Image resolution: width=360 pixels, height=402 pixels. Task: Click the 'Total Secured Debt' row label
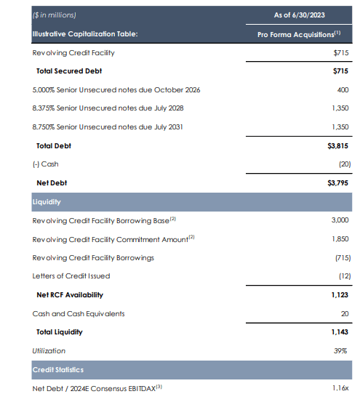[69, 71]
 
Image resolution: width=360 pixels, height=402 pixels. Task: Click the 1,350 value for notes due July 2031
[338, 127]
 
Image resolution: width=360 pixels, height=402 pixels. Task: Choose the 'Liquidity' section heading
[46, 201]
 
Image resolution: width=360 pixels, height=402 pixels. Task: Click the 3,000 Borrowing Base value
[338, 220]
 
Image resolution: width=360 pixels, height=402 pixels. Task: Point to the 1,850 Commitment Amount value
[338, 239]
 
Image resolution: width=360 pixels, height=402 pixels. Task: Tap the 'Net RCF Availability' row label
[70, 295]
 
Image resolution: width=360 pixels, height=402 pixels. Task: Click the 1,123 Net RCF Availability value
[338, 295]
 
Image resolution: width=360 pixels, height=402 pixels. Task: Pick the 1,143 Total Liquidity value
[338, 332]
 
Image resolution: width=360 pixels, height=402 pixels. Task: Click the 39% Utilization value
[340, 351]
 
